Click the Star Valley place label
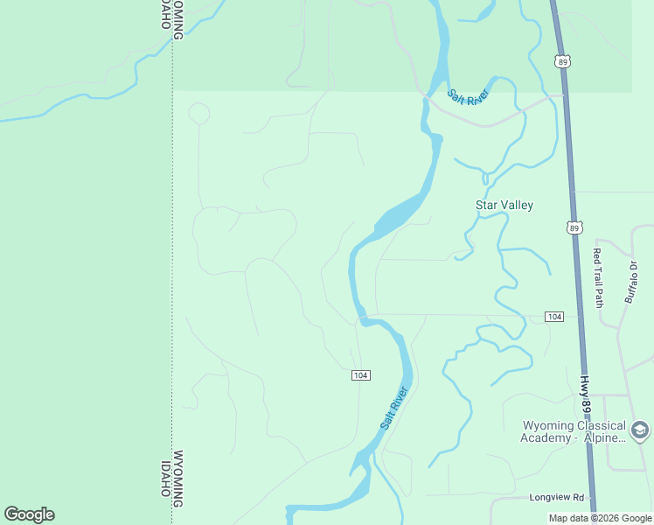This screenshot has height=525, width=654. click(504, 205)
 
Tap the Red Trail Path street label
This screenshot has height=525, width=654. click(598, 278)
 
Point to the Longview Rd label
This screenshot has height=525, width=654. click(555, 497)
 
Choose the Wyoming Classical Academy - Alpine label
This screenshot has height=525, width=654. click(574, 431)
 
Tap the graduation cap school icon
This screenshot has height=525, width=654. click(640, 430)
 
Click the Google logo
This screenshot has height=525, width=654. click(29, 514)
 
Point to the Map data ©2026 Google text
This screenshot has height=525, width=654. click(600, 518)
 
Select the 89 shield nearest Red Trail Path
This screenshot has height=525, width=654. click(574, 227)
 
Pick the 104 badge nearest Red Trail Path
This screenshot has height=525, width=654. click(553, 316)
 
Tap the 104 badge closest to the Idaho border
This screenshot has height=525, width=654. click(360, 375)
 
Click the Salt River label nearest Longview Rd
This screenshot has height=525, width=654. click(395, 408)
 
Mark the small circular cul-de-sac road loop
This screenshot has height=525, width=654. click(198, 114)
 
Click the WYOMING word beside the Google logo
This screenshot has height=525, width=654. click(177, 479)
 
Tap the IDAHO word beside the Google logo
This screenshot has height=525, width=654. click(163, 479)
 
